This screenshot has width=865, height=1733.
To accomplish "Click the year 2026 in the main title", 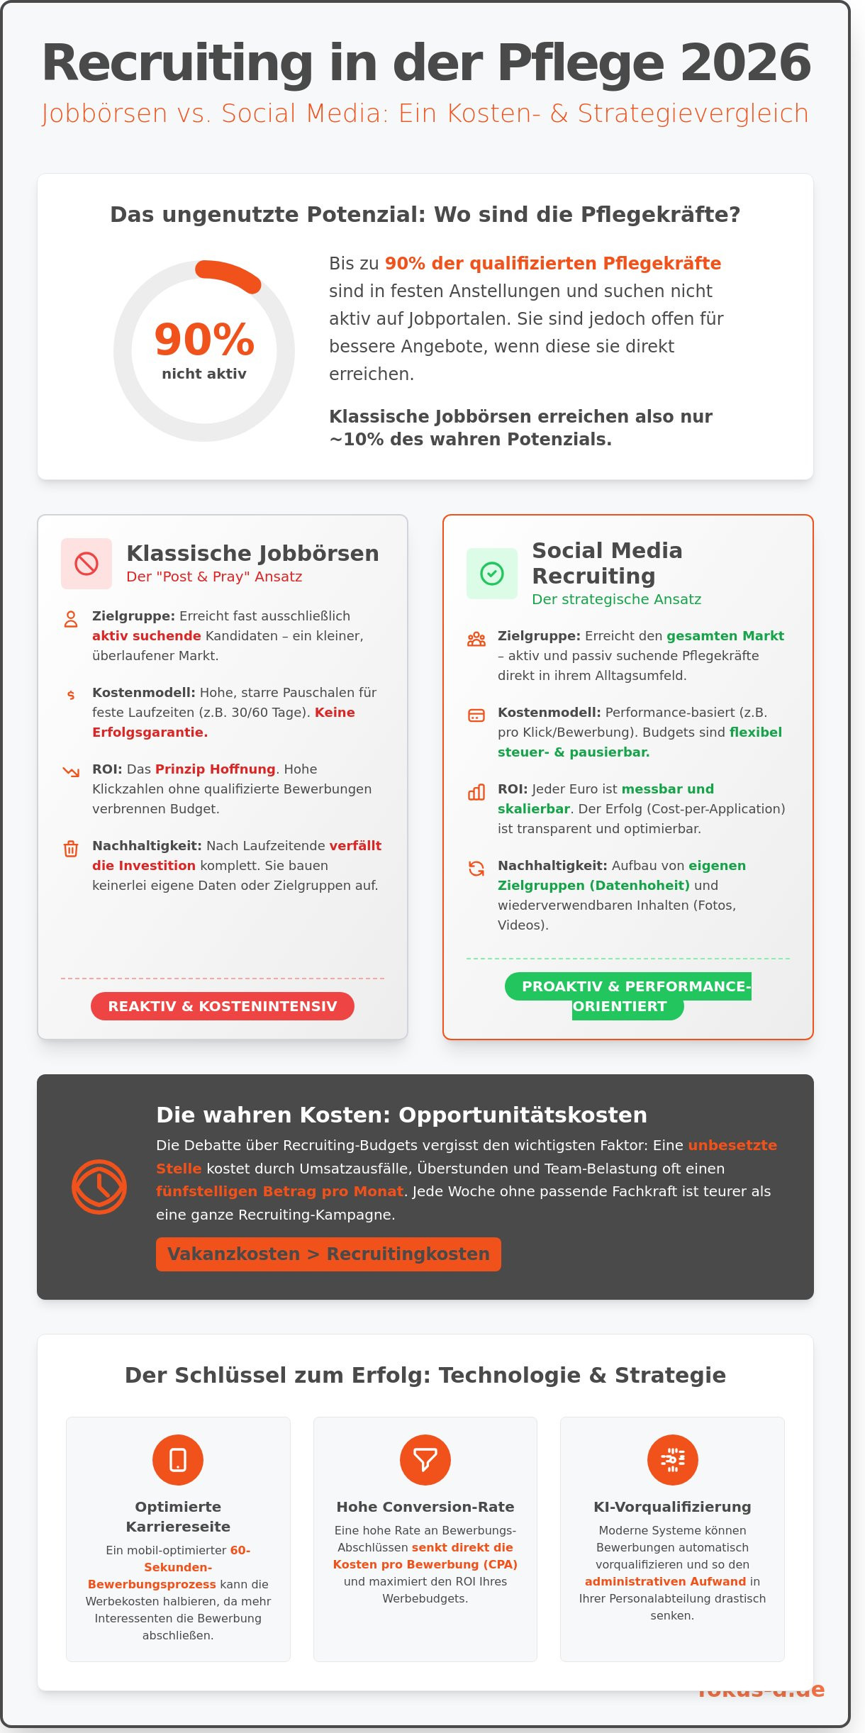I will pyautogui.click(x=745, y=64).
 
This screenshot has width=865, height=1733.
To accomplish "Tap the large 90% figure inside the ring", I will pyautogui.click(x=204, y=339).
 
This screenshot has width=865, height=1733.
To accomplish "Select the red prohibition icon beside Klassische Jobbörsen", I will pyautogui.click(x=86, y=564).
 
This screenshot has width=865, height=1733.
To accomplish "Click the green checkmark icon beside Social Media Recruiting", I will pyautogui.click(x=492, y=573).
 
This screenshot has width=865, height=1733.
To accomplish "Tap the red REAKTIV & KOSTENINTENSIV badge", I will pyautogui.click(x=223, y=1006).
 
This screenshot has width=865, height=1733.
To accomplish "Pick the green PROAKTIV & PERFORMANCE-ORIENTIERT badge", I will pyautogui.click(x=627, y=995).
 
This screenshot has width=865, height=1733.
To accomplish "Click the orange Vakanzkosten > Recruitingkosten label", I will pyautogui.click(x=328, y=1254).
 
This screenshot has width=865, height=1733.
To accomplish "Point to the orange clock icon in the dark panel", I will pyautogui.click(x=99, y=1186).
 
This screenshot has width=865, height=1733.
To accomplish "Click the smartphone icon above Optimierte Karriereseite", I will pyautogui.click(x=178, y=1459).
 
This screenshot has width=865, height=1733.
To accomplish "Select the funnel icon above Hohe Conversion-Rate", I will pyautogui.click(x=425, y=1459).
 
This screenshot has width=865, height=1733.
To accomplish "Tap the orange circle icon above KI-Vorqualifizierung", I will pyautogui.click(x=672, y=1459).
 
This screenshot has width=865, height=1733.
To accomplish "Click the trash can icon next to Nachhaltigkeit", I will pyautogui.click(x=71, y=848).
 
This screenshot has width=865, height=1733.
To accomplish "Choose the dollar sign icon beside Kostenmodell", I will pyautogui.click(x=71, y=695).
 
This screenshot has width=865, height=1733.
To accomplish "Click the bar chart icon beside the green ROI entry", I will pyautogui.click(x=476, y=792).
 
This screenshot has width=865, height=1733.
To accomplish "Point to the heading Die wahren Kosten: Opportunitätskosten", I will pyautogui.click(x=401, y=1115).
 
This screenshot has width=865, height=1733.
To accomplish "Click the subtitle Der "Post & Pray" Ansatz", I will pyautogui.click(x=214, y=576).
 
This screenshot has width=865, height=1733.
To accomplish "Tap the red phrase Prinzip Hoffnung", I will pyautogui.click(x=215, y=769).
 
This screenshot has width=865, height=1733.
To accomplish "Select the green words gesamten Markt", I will pyautogui.click(x=725, y=635).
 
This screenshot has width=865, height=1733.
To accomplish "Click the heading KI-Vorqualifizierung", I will pyautogui.click(x=672, y=1507).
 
